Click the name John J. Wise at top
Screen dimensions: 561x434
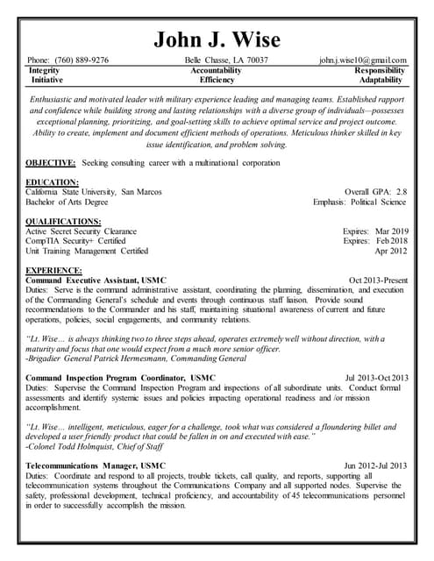(217, 39)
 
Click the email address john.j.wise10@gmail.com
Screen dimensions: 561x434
(362, 60)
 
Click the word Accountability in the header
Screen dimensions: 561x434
(216, 69)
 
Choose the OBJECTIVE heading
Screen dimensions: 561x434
(51, 163)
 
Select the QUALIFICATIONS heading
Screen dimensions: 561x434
(64, 221)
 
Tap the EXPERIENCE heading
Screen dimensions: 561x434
(54, 270)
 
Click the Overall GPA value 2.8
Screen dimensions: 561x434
(401, 192)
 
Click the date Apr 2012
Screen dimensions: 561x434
(391, 250)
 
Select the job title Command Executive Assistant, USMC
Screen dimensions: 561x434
(96, 280)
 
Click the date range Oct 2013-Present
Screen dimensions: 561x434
(378, 280)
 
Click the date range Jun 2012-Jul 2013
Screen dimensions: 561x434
(375, 465)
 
